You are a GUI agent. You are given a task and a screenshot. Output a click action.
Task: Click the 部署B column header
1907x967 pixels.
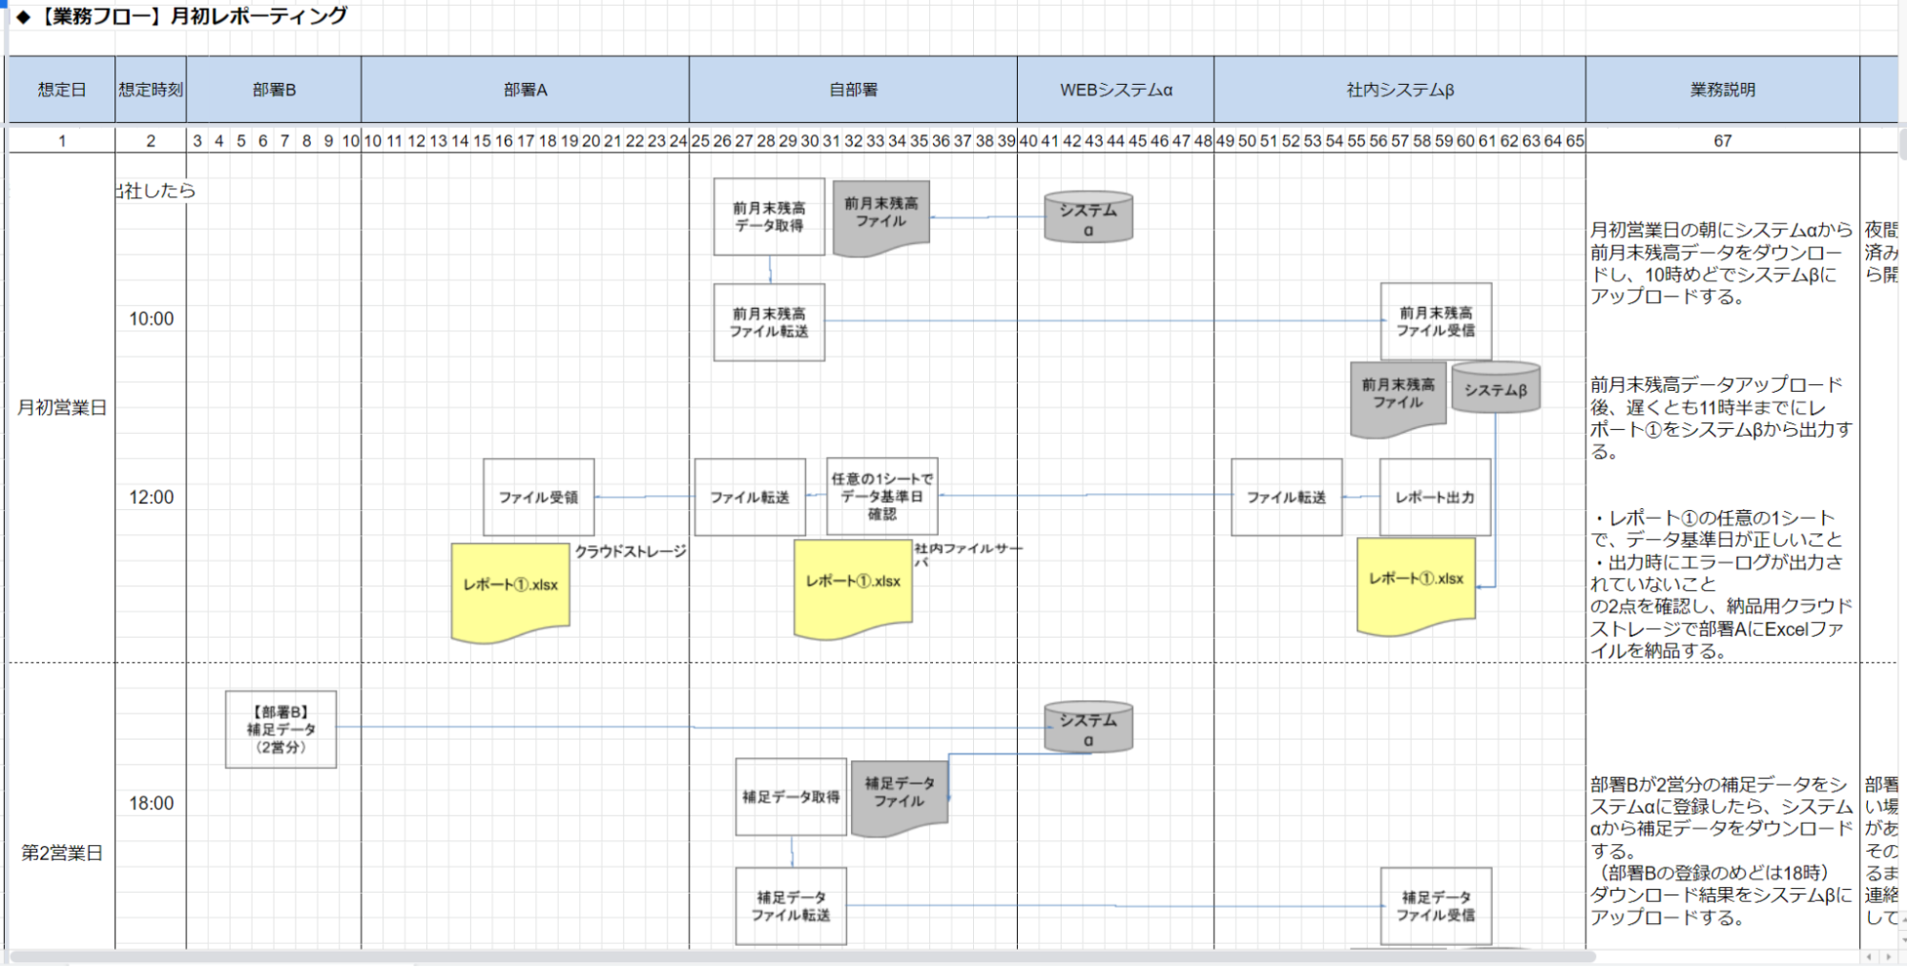(x=274, y=90)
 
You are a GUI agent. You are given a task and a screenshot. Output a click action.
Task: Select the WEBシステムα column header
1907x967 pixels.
(x=1115, y=90)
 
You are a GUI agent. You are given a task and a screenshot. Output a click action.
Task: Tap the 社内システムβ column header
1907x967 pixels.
(x=1399, y=90)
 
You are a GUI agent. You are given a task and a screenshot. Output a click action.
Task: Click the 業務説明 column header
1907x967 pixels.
(x=1722, y=90)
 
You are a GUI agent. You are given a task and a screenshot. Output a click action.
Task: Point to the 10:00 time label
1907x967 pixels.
(x=152, y=319)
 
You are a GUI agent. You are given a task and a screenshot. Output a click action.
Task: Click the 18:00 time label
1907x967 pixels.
(x=152, y=803)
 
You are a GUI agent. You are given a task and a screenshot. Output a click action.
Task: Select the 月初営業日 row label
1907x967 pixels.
(x=62, y=408)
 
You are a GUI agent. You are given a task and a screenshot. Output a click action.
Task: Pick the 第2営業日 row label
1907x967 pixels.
(x=62, y=853)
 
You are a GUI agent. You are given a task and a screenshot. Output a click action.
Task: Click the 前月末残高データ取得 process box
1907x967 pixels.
(x=769, y=216)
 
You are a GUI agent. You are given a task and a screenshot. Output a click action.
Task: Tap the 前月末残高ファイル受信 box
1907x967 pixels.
(x=1436, y=321)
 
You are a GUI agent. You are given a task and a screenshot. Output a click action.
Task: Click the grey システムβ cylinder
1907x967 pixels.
(x=1495, y=388)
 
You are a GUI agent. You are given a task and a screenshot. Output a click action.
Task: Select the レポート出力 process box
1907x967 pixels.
(x=1435, y=497)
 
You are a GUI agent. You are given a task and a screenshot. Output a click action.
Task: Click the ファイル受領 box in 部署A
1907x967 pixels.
(x=538, y=497)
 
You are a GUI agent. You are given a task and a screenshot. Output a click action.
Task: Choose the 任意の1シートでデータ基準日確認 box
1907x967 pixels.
(x=881, y=496)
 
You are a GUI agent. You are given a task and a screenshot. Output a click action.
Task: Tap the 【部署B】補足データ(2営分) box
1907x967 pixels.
(x=280, y=730)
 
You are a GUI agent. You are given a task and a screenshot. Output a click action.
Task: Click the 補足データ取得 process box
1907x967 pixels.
(x=791, y=796)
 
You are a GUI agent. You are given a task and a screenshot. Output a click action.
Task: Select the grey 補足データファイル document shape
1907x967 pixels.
(x=899, y=796)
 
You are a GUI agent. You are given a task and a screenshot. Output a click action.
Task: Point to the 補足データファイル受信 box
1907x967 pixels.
(x=1436, y=906)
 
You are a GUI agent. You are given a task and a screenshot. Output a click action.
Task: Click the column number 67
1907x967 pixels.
(x=1722, y=141)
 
